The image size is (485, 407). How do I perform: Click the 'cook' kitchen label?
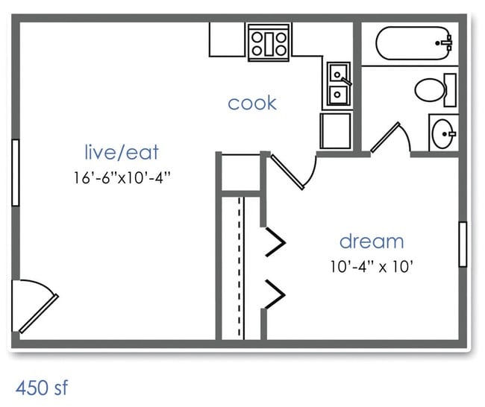click(x=252, y=103)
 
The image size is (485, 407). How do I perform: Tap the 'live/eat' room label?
click(x=122, y=153)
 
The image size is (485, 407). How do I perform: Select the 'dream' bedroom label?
click(x=372, y=242)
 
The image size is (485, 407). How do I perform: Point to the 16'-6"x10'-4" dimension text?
click(x=122, y=178)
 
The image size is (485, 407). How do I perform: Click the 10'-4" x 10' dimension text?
click(x=372, y=265)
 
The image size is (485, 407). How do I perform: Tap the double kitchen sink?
click(x=338, y=84)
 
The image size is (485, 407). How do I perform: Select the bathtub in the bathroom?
click(x=414, y=44)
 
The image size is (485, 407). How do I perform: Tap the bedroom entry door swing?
click(x=293, y=170)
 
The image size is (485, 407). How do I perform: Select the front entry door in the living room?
click(x=36, y=306)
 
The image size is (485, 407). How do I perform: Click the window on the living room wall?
click(x=14, y=172)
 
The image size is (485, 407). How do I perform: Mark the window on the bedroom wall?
click(x=463, y=244)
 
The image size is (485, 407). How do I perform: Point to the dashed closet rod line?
click(x=240, y=268)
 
